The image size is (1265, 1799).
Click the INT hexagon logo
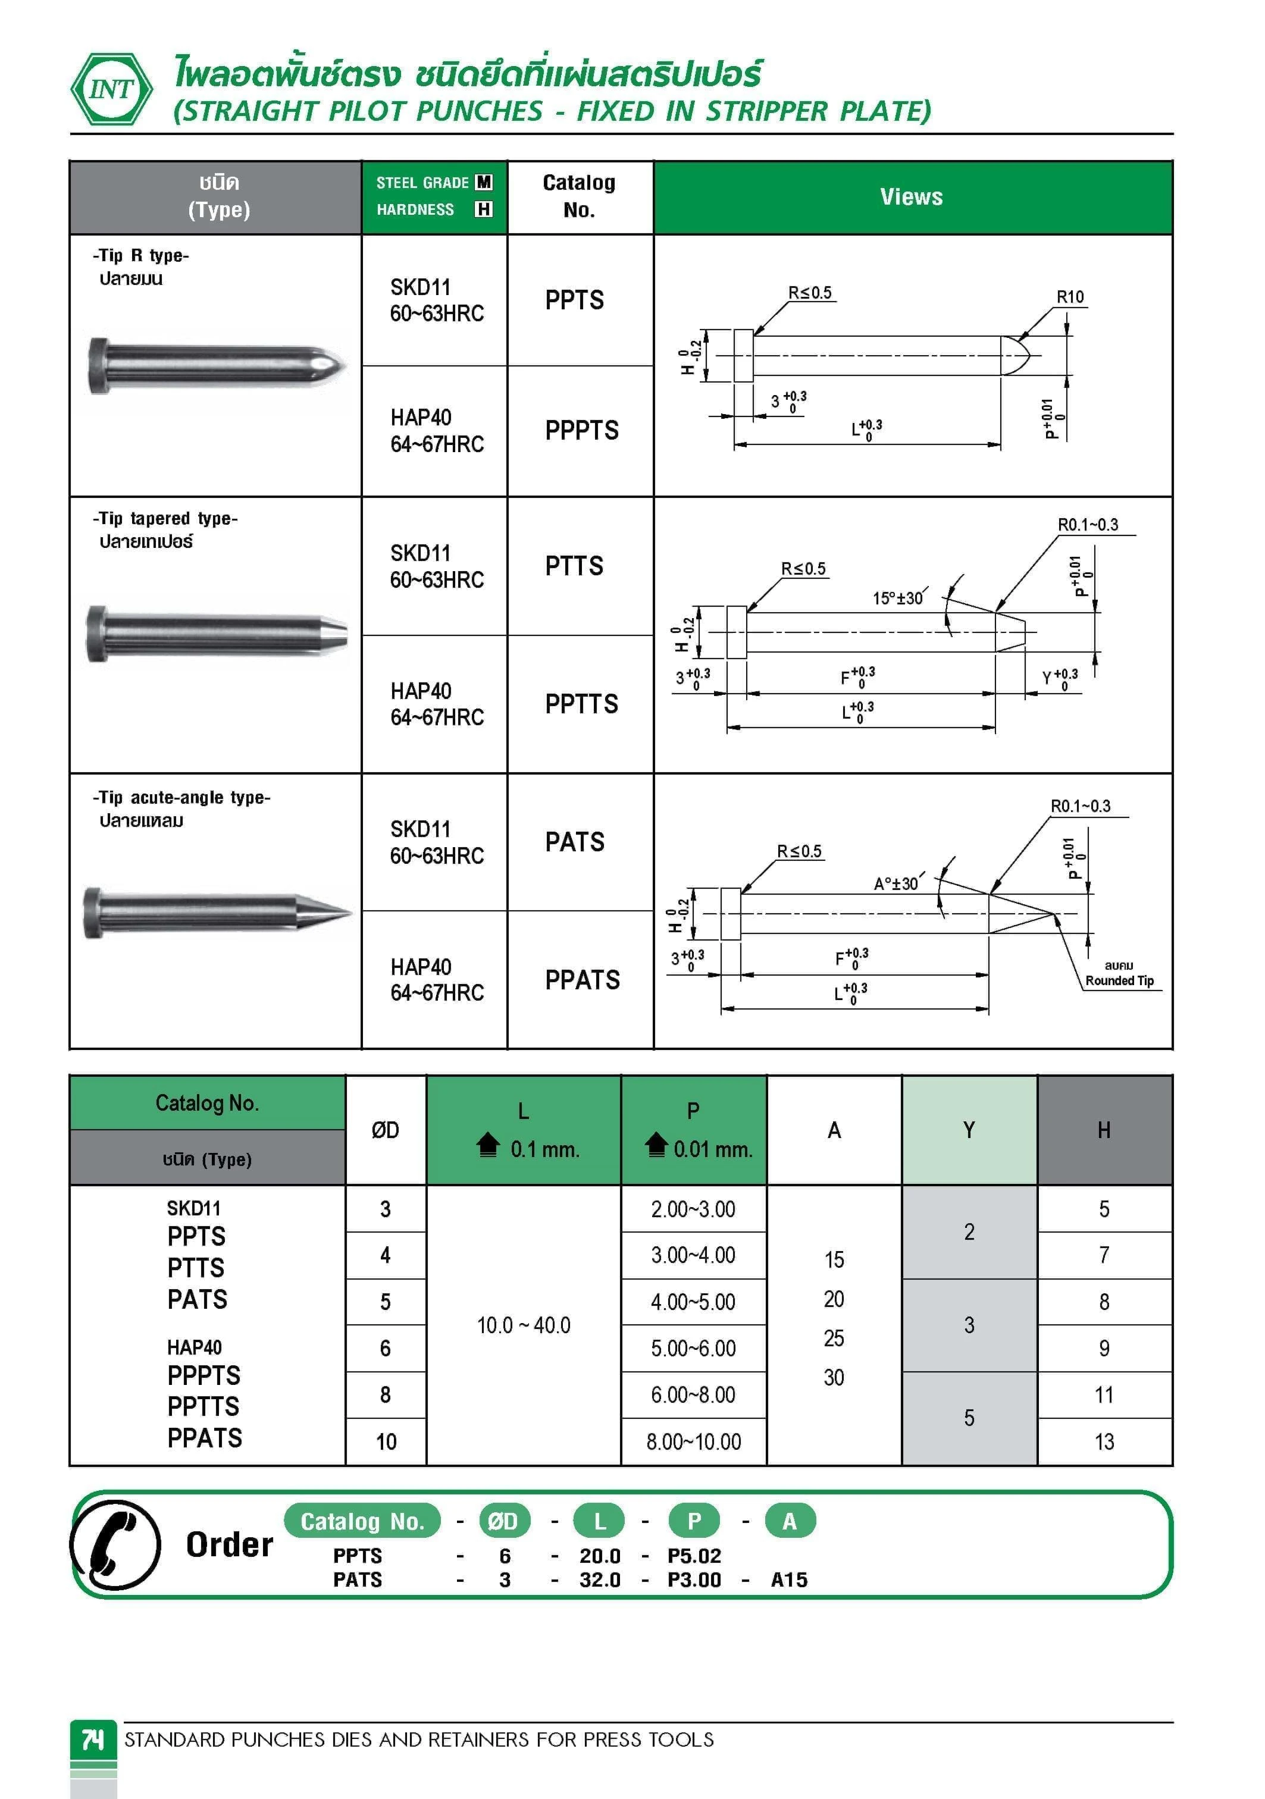coord(111,89)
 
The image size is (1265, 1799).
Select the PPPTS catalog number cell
coord(581,430)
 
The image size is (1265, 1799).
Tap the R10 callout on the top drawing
coord(1070,297)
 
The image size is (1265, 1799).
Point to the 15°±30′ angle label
coord(898,598)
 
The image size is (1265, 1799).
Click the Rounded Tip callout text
coord(1119,980)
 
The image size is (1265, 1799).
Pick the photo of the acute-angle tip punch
coord(217,913)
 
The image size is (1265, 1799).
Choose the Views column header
coord(911,197)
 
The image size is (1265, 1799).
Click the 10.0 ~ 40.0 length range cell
coord(524,1325)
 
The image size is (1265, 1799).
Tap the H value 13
coord(1104,1441)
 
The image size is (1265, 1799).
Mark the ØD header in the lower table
coord(385,1130)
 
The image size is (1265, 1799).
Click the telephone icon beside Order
coord(115,1544)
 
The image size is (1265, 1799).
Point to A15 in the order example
coord(788,1579)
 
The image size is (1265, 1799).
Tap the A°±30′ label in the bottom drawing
coord(896,884)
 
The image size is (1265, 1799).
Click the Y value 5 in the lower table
coord(969,1418)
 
